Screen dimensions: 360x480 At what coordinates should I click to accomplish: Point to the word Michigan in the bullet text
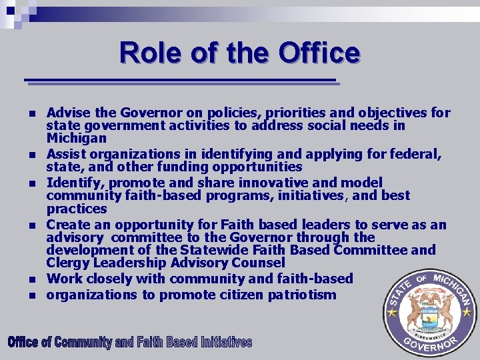(76, 138)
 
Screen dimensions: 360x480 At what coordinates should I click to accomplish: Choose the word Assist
(67, 154)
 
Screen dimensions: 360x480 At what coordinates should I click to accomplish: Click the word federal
(415, 154)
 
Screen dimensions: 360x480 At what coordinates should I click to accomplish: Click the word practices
(77, 209)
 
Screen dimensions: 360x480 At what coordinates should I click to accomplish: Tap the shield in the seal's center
(428, 314)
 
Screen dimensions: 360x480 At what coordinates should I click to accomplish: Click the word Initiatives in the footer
(222, 343)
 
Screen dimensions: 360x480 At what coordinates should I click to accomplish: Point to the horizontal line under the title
(181, 81)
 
